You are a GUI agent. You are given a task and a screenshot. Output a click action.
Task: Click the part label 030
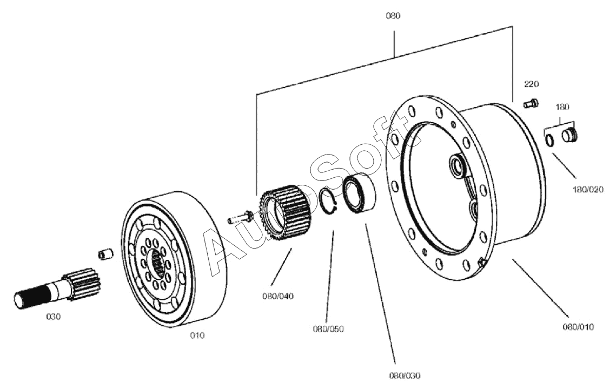54,317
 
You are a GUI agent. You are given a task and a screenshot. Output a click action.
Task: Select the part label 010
197,336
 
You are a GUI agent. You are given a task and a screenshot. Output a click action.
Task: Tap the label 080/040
278,296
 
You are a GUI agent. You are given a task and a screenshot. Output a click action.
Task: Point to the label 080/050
328,329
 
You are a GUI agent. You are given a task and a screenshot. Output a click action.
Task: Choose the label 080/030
405,375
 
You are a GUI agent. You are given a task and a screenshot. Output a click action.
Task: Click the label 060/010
578,327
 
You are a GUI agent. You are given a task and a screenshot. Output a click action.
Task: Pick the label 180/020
588,190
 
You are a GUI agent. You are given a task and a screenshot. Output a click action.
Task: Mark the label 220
531,84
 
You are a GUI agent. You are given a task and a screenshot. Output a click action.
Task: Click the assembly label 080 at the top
393,16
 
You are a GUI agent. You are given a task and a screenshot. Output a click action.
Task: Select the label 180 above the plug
562,107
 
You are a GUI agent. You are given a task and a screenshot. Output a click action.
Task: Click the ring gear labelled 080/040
285,212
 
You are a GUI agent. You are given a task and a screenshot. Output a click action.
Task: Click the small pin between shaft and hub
105,253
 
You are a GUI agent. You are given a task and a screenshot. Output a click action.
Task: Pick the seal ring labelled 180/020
549,139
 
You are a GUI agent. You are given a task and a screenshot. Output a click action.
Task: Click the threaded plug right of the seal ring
569,135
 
